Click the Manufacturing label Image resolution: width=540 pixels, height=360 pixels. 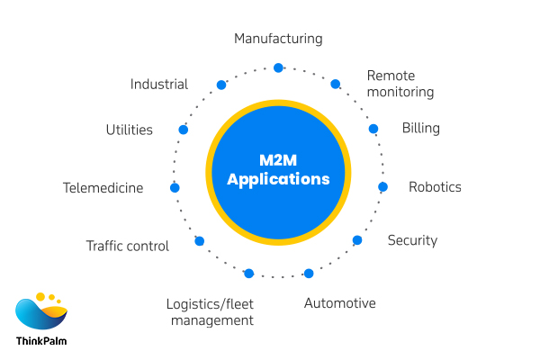point(278,39)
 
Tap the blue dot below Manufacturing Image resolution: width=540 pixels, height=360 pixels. point(278,67)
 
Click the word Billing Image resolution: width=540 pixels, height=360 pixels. point(420,128)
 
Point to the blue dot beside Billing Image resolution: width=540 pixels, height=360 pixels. point(373,129)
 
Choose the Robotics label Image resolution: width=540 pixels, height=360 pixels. point(435,187)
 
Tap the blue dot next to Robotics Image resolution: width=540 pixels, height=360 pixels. point(382,187)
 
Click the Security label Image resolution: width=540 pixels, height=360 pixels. point(412,240)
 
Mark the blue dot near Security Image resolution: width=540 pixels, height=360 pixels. point(357,240)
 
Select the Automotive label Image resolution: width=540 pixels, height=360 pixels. point(339,303)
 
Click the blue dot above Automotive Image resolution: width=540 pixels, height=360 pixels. point(309,273)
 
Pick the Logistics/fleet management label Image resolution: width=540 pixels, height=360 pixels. point(210,311)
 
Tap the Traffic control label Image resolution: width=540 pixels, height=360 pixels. point(127,246)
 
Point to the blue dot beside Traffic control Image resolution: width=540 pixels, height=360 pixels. point(200,241)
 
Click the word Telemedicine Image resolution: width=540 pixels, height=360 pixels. point(103,188)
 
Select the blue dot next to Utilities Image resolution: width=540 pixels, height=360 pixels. point(184,130)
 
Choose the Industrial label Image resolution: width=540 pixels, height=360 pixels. point(158,85)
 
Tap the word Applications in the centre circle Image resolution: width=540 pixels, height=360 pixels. point(278,179)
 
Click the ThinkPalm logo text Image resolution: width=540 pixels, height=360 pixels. point(40,341)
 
